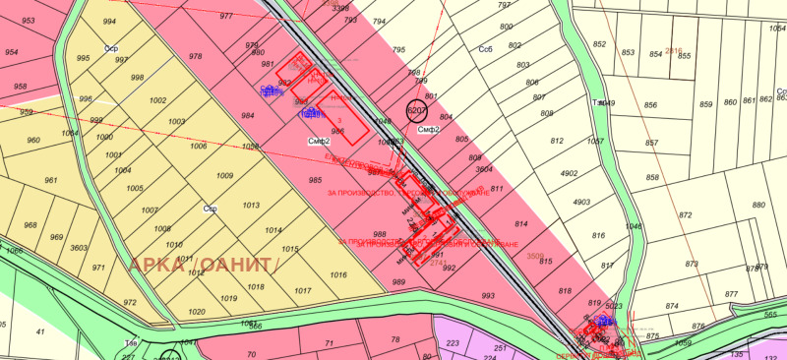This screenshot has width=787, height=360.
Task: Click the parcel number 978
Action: (195, 57)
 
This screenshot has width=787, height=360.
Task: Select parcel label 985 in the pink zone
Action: (315, 180)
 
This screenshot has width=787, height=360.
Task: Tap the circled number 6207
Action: (416, 112)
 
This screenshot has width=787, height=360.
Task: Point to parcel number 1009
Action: (224, 176)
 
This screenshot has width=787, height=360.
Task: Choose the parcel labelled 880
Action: (758, 206)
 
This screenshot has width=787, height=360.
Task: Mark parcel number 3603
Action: (79, 249)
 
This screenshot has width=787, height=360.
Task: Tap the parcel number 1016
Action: (338, 275)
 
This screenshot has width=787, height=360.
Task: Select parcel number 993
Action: (488, 295)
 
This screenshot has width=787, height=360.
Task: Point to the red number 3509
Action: (535, 257)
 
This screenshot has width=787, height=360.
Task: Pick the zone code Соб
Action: (485, 47)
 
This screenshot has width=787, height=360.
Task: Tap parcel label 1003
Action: (177, 121)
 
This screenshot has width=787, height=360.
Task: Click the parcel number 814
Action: (520, 225)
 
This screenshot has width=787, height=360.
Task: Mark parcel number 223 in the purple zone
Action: (453, 343)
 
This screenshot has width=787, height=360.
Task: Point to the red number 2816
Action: (674, 50)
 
